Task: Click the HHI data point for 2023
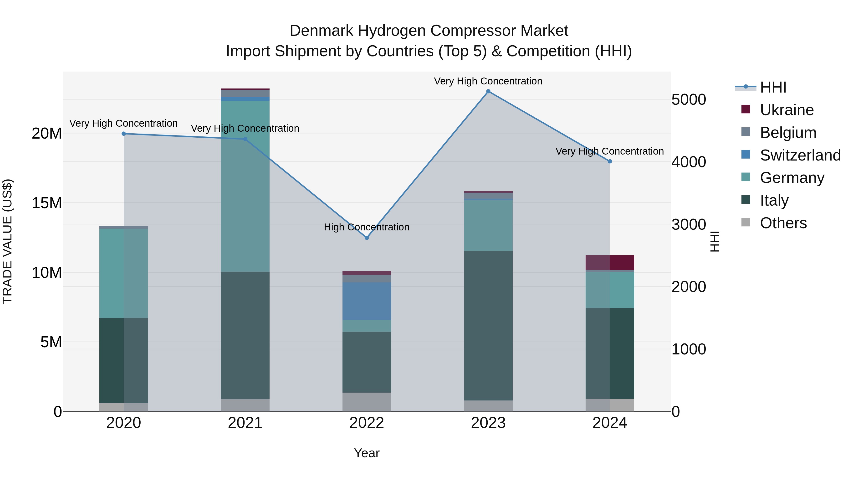[x=488, y=91]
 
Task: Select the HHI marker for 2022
[x=367, y=238]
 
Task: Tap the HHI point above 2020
[x=123, y=134]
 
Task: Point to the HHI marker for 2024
[x=610, y=161]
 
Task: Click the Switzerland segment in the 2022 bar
[x=367, y=301]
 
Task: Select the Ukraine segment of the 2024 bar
[x=610, y=263]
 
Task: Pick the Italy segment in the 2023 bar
[x=488, y=325]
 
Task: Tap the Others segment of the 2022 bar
[x=367, y=402]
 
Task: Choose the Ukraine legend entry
[x=787, y=110]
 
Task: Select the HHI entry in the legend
[x=773, y=87]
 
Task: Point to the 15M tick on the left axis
[x=47, y=203]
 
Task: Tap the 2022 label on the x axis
[x=367, y=423]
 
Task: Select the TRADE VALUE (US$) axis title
[x=7, y=241]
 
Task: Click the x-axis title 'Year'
[x=367, y=453]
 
